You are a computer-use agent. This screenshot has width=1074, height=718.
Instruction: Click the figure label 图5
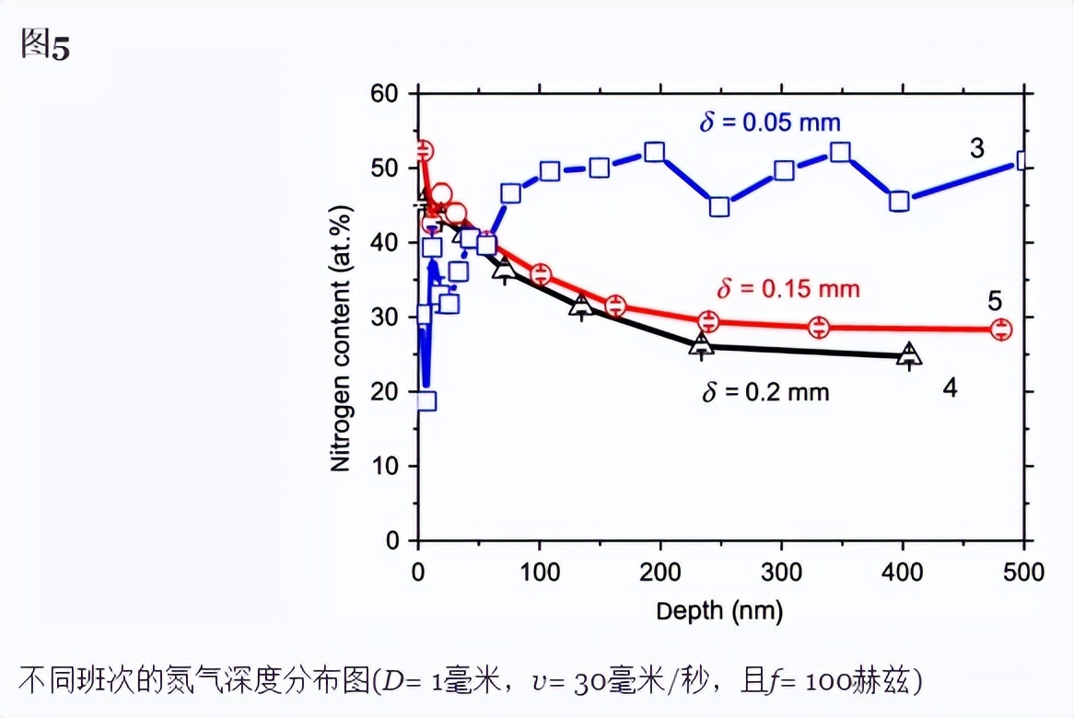45,46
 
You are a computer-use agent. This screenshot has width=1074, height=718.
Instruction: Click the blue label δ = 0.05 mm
769,122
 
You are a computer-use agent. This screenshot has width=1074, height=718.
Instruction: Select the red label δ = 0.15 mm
788,289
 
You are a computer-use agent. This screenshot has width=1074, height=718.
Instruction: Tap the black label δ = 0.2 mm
765,392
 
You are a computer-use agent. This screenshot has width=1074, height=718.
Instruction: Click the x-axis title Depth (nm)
719,611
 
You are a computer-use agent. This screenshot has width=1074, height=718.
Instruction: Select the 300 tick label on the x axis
782,573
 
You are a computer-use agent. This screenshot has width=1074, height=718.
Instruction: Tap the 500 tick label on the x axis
1023,573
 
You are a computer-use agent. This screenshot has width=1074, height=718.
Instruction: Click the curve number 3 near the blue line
976,148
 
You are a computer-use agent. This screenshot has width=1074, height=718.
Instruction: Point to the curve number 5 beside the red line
995,301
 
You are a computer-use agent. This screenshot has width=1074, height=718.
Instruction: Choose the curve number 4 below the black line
950,388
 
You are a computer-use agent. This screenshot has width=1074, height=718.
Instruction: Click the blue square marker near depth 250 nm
719,206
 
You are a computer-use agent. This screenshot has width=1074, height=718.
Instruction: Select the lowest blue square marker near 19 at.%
426,400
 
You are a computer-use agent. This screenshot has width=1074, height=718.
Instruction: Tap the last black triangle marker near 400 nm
909,354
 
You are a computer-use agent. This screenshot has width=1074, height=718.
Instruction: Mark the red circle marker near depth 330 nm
819,327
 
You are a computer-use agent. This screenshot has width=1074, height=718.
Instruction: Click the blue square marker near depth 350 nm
840,152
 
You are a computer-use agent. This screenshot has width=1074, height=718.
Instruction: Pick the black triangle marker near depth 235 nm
702,344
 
